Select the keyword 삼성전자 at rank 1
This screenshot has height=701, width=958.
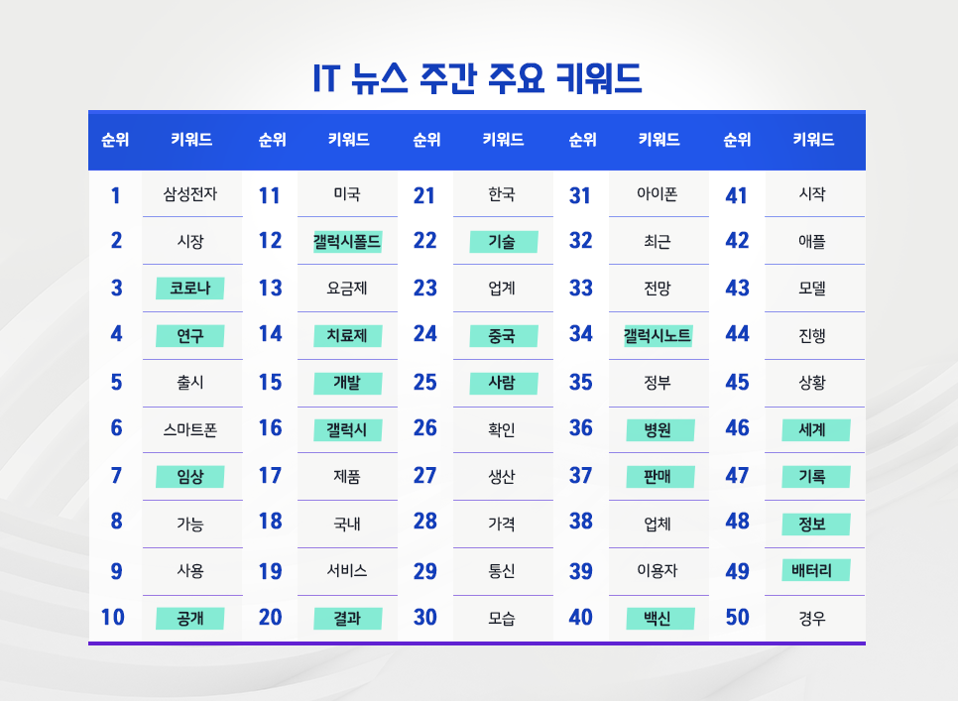point(190,194)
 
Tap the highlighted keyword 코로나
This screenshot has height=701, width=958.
point(190,289)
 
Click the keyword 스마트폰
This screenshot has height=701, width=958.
point(190,429)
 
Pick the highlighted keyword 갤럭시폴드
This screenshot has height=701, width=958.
point(347,241)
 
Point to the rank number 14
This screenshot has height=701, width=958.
point(270,334)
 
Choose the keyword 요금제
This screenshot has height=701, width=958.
point(347,289)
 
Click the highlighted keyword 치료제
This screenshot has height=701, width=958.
point(347,335)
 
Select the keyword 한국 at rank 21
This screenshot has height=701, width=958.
point(502,194)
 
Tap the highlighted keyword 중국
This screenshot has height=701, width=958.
point(502,335)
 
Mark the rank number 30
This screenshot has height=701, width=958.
point(424,617)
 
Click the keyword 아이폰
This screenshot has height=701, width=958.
point(658,194)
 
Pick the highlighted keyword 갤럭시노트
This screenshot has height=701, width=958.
point(658,335)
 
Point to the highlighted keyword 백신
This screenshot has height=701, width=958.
point(658,619)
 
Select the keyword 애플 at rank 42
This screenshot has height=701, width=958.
point(812,241)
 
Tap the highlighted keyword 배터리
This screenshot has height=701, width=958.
point(812,571)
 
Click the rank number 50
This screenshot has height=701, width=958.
point(737,617)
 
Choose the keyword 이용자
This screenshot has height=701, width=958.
point(658,571)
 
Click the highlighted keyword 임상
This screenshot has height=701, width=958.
point(190,477)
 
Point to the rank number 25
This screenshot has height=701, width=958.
point(424,382)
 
